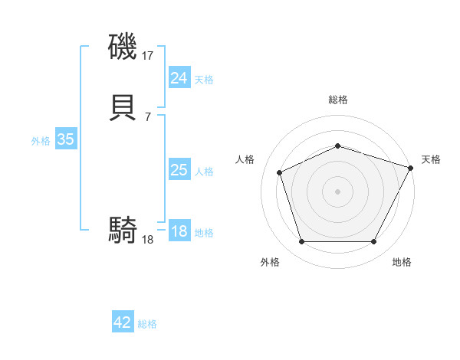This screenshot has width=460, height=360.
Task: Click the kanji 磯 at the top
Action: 123,47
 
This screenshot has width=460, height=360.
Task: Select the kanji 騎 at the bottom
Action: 123,229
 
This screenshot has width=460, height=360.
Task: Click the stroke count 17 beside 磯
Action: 148,55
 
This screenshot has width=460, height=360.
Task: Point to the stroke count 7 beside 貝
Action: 147,116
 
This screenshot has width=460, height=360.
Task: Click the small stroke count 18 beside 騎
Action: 148,239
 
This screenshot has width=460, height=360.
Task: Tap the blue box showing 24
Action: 179,78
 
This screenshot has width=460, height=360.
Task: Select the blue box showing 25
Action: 179,170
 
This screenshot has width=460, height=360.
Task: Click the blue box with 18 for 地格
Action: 179,231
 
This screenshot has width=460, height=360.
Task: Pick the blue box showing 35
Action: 65,139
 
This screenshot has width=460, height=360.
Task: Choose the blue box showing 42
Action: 123,322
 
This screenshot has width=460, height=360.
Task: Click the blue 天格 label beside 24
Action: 204,80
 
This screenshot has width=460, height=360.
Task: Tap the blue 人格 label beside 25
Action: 204,172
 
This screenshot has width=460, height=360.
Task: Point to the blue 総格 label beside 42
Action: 147,324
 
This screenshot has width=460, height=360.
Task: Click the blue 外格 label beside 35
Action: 41,141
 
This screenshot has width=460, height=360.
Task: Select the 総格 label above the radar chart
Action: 338,100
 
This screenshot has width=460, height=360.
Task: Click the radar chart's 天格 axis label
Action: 431,159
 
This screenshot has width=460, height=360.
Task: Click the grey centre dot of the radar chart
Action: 338,191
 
